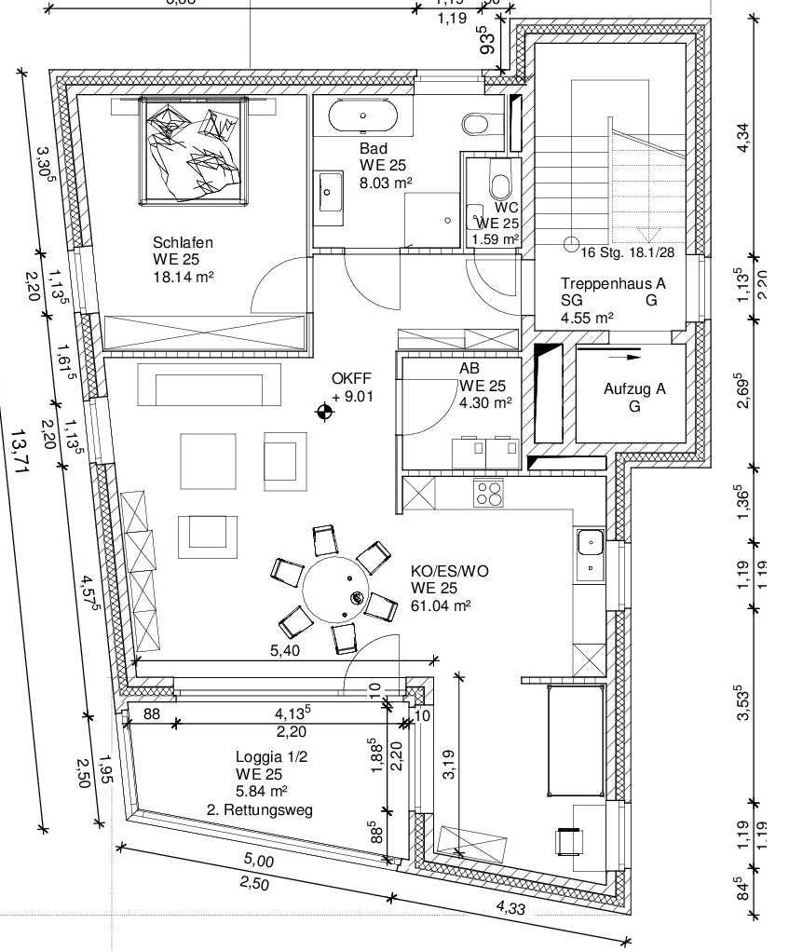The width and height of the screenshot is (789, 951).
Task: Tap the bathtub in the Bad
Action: coord(363,118)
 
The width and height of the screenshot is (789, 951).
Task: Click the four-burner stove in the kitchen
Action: coord(488,492)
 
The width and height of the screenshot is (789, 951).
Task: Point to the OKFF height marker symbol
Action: coord(324,411)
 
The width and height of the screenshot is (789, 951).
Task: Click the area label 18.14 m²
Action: coord(179,277)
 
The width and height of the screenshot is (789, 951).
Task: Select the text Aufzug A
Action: coord(634,390)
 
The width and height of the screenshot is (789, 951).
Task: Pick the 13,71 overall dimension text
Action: coord(18,453)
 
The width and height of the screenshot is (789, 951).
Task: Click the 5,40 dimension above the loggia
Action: coord(285,651)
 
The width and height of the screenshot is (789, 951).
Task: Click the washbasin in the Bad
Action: coord(330,193)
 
